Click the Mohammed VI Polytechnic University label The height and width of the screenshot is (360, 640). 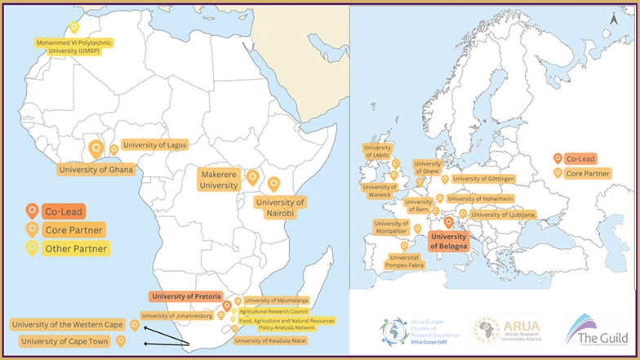(x=71, y=47)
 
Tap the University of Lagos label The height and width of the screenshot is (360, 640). (x=155, y=144)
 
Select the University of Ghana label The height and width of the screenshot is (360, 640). (x=96, y=170)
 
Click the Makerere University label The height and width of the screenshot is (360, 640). (x=220, y=180)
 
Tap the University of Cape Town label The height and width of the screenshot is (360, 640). (x=66, y=341)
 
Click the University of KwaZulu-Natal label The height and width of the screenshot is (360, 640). (x=271, y=340)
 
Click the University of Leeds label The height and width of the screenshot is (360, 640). (x=378, y=151)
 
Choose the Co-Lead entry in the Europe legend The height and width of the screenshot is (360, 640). (x=580, y=158)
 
